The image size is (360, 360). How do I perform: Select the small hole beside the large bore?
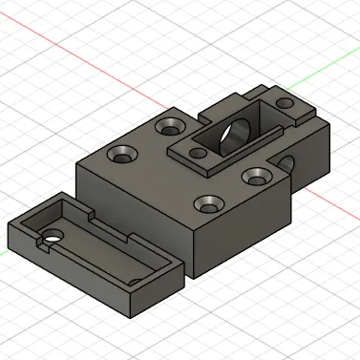(199, 152)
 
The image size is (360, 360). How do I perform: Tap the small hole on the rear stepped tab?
(285, 102)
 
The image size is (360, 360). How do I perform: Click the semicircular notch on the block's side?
(287, 163)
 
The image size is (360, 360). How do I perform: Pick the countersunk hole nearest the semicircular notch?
(256, 176)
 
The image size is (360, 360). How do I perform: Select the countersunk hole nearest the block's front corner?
(208, 203)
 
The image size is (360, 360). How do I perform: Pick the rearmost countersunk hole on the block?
(173, 125)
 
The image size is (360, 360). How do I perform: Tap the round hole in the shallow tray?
(50, 234)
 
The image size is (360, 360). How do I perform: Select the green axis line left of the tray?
(4, 254)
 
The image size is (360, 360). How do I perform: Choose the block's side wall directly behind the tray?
(134, 215)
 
